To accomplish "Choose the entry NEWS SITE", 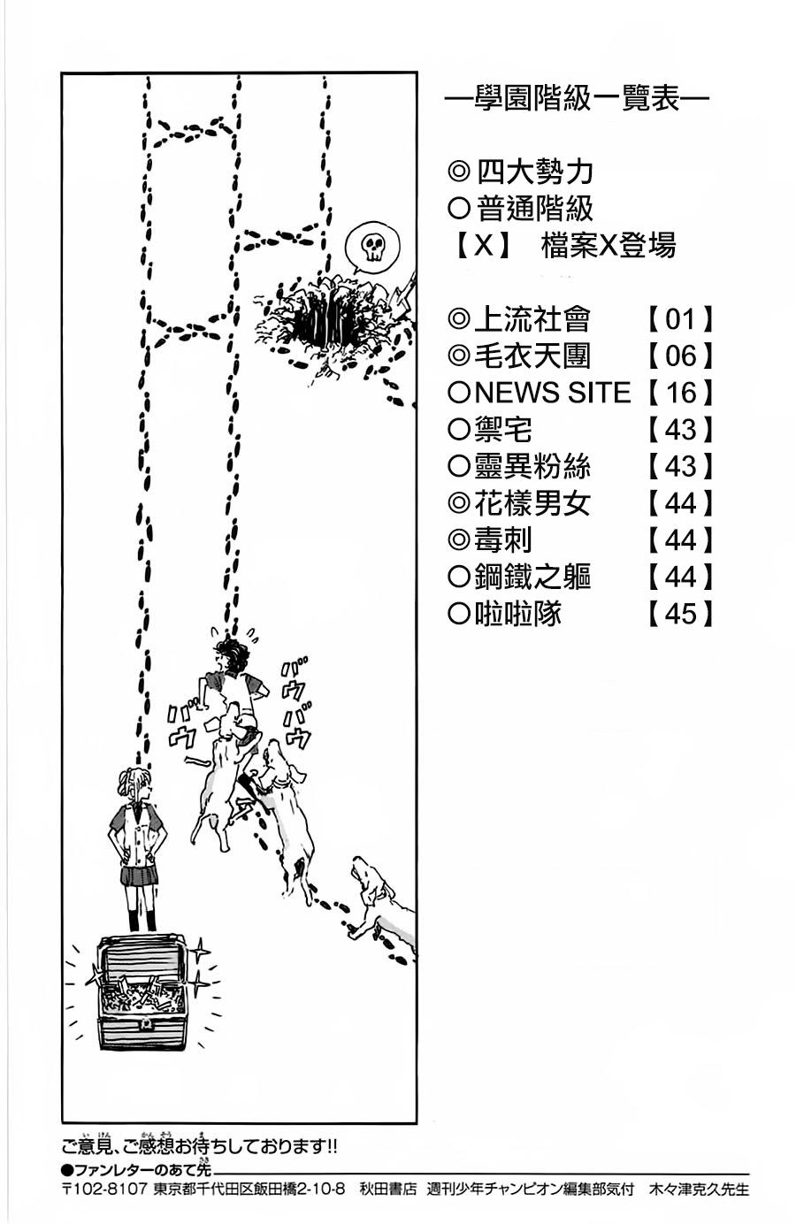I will point(552,392).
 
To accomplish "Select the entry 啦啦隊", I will point(517,613).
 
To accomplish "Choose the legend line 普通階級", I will point(534,208).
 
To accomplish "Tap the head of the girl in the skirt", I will point(136,786).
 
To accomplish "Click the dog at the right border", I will point(382,898).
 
